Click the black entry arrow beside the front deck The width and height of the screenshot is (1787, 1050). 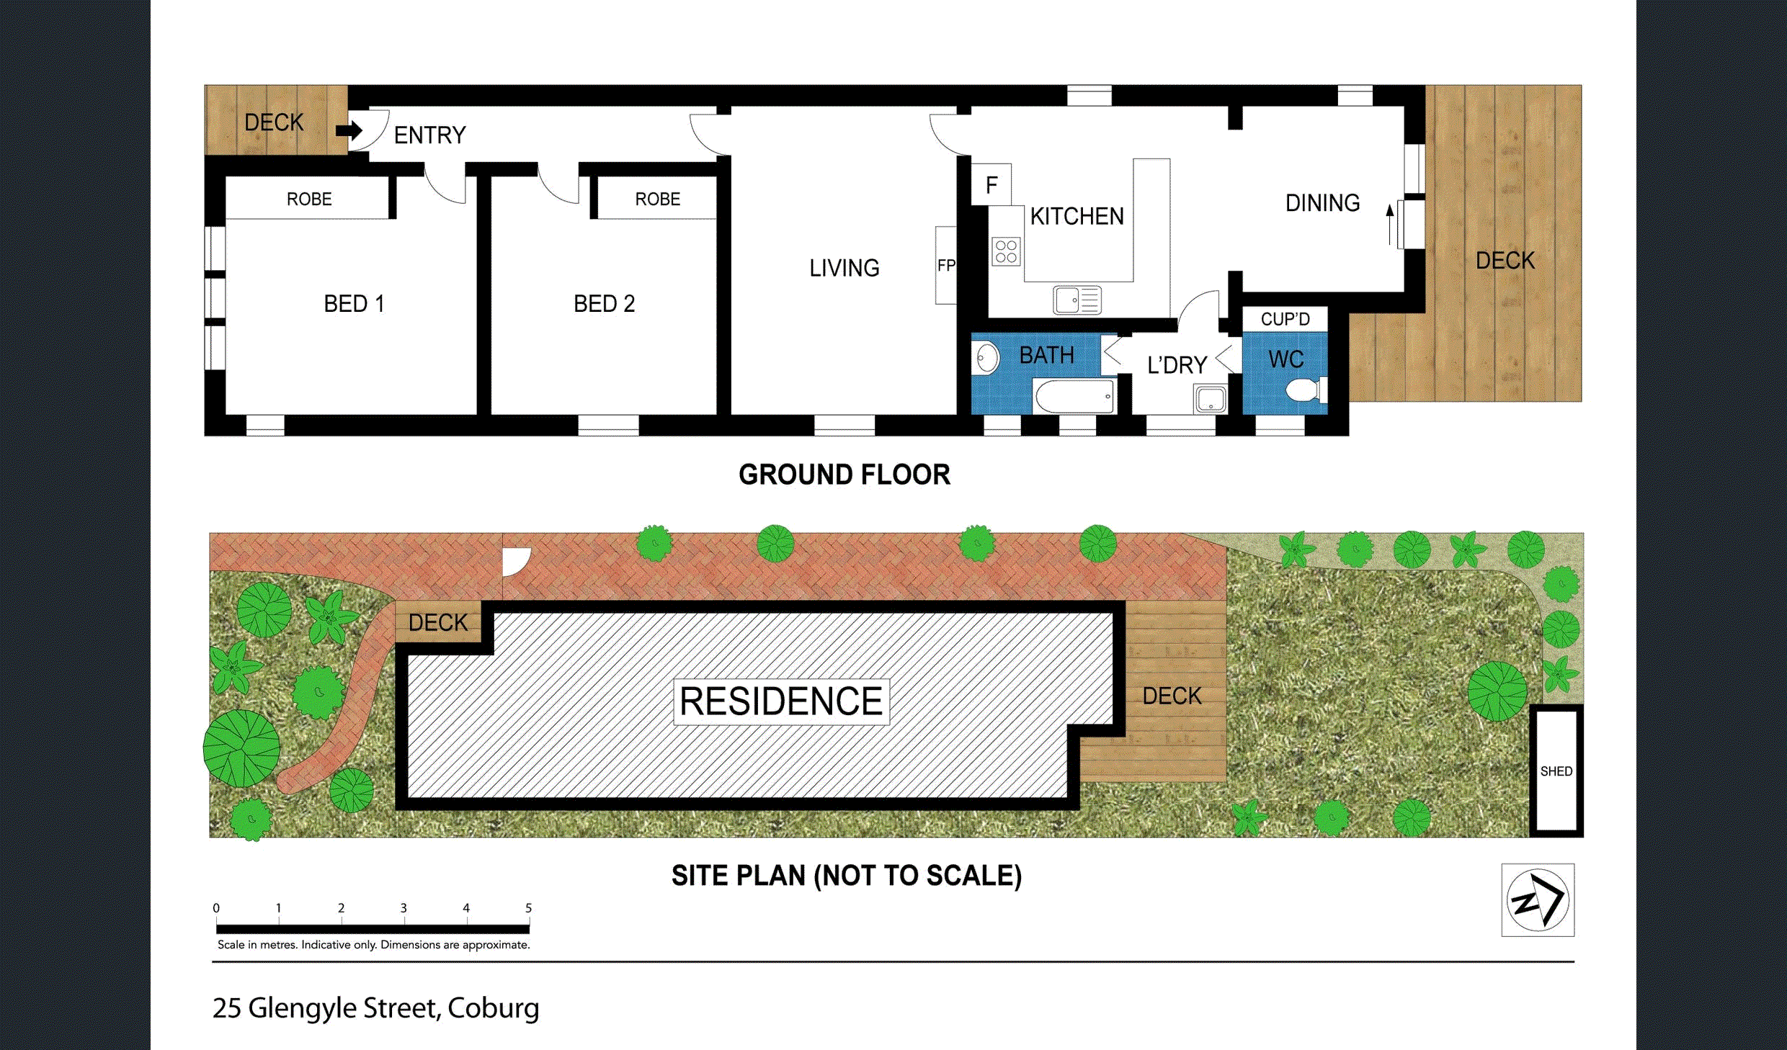coord(349,130)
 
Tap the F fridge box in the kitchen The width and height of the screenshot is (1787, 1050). coord(991,184)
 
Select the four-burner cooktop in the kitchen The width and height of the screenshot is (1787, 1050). coord(1006,251)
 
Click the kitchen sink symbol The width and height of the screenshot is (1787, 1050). coord(1077,300)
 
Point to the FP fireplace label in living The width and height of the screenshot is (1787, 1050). coord(946,266)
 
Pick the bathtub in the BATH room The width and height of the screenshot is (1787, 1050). coord(1074,396)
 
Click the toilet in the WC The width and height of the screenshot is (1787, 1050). coord(1306,390)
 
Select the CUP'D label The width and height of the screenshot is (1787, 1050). coord(1285,319)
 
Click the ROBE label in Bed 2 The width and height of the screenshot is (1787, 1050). coord(657,199)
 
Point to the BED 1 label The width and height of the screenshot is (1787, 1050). coord(354,304)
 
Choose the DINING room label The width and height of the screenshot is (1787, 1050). coord(1322,203)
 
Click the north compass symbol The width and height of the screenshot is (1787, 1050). coord(1538,899)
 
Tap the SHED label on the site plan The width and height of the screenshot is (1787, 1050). coord(1556,771)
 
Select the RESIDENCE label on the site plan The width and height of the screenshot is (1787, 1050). coord(781,701)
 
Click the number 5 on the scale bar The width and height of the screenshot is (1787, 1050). coord(528,908)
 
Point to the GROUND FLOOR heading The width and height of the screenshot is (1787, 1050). coord(845,475)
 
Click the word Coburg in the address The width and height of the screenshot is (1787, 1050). coord(493,1008)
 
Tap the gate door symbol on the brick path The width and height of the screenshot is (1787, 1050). coord(516,562)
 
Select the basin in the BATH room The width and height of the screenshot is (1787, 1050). coord(986,357)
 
